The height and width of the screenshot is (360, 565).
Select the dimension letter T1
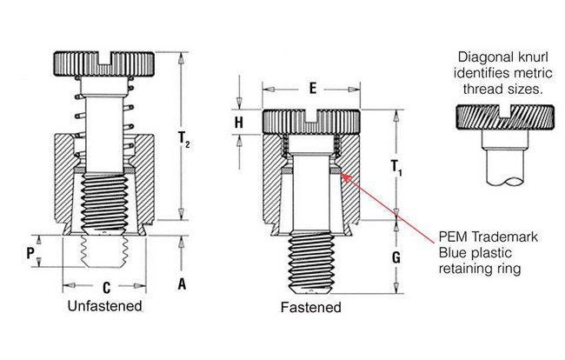point(396,166)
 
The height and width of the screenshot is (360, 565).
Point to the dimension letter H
point(238,123)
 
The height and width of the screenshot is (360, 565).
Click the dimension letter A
point(183,283)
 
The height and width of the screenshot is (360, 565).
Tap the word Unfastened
point(104,307)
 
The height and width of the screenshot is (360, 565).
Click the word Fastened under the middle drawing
point(310,308)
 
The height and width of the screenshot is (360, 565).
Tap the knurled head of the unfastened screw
point(106,63)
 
